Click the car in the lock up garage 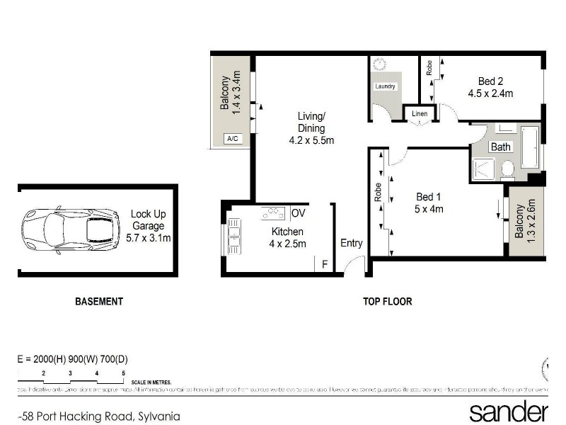[x=70, y=229]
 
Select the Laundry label [x=385, y=86]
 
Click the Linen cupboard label [x=419, y=113]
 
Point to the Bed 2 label [x=490, y=81]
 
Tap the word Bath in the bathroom [x=501, y=147]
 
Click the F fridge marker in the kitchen [x=324, y=265]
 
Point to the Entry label [x=352, y=243]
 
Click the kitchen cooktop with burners [x=273, y=212]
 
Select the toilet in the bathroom [x=507, y=169]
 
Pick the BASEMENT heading [x=99, y=301]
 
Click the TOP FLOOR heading [x=388, y=301]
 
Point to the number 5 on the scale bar [x=123, y=373]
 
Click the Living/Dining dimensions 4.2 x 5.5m [x=311, y=140]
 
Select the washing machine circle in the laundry [x=379, y=64]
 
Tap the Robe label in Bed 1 [x=379, y=193]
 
